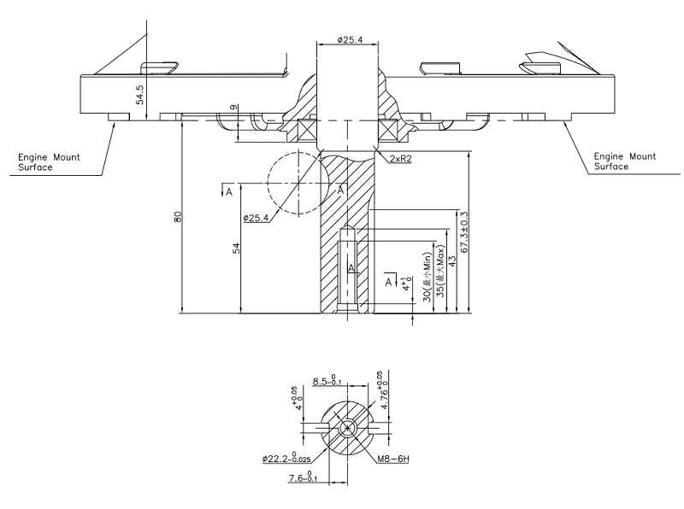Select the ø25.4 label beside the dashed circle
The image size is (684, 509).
point(256,219)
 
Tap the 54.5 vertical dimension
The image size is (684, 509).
point(141,95)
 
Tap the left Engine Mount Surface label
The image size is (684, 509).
point(50,161)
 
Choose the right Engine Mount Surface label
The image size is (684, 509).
point(625,161)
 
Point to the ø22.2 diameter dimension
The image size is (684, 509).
point(287,459)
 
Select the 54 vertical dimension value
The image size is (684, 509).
point(237,248)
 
